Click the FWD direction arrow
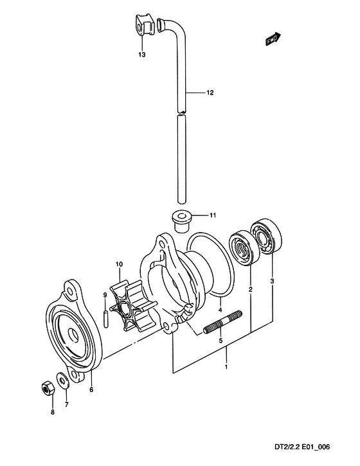click(273, 39)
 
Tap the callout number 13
click(142, 55)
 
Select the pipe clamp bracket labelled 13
click(144, 24)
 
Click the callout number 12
click(210, 93)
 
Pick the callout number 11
click(213, 215)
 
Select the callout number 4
click(220, 310)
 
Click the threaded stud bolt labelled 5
click(222, 322)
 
